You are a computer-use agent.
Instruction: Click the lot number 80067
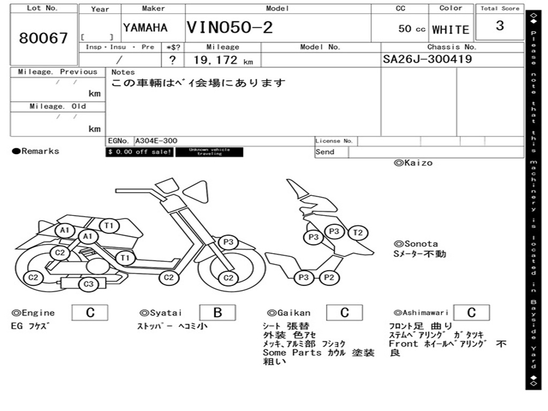[43, 38]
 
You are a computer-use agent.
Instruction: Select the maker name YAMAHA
[145, 28]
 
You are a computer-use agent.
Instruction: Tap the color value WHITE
[451, 29]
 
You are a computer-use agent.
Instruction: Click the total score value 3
[499, 26]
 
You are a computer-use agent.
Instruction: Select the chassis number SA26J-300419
[428, 59]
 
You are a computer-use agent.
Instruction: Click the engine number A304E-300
[156, 141]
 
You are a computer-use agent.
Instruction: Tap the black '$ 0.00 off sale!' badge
[139, 152]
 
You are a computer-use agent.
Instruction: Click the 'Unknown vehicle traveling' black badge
[209, 152]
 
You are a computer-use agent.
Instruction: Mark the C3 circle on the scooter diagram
[88, 284]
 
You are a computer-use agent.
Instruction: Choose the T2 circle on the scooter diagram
[358, 232]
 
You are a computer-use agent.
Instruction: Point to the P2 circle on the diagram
[329, 277]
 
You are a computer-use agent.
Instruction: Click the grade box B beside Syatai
[217, 313]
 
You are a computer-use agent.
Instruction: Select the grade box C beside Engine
[90, 313]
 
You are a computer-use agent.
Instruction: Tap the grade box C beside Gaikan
[345, 313]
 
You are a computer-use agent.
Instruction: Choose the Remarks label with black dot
[36, 151]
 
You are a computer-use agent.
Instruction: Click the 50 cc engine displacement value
[412, 29]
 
